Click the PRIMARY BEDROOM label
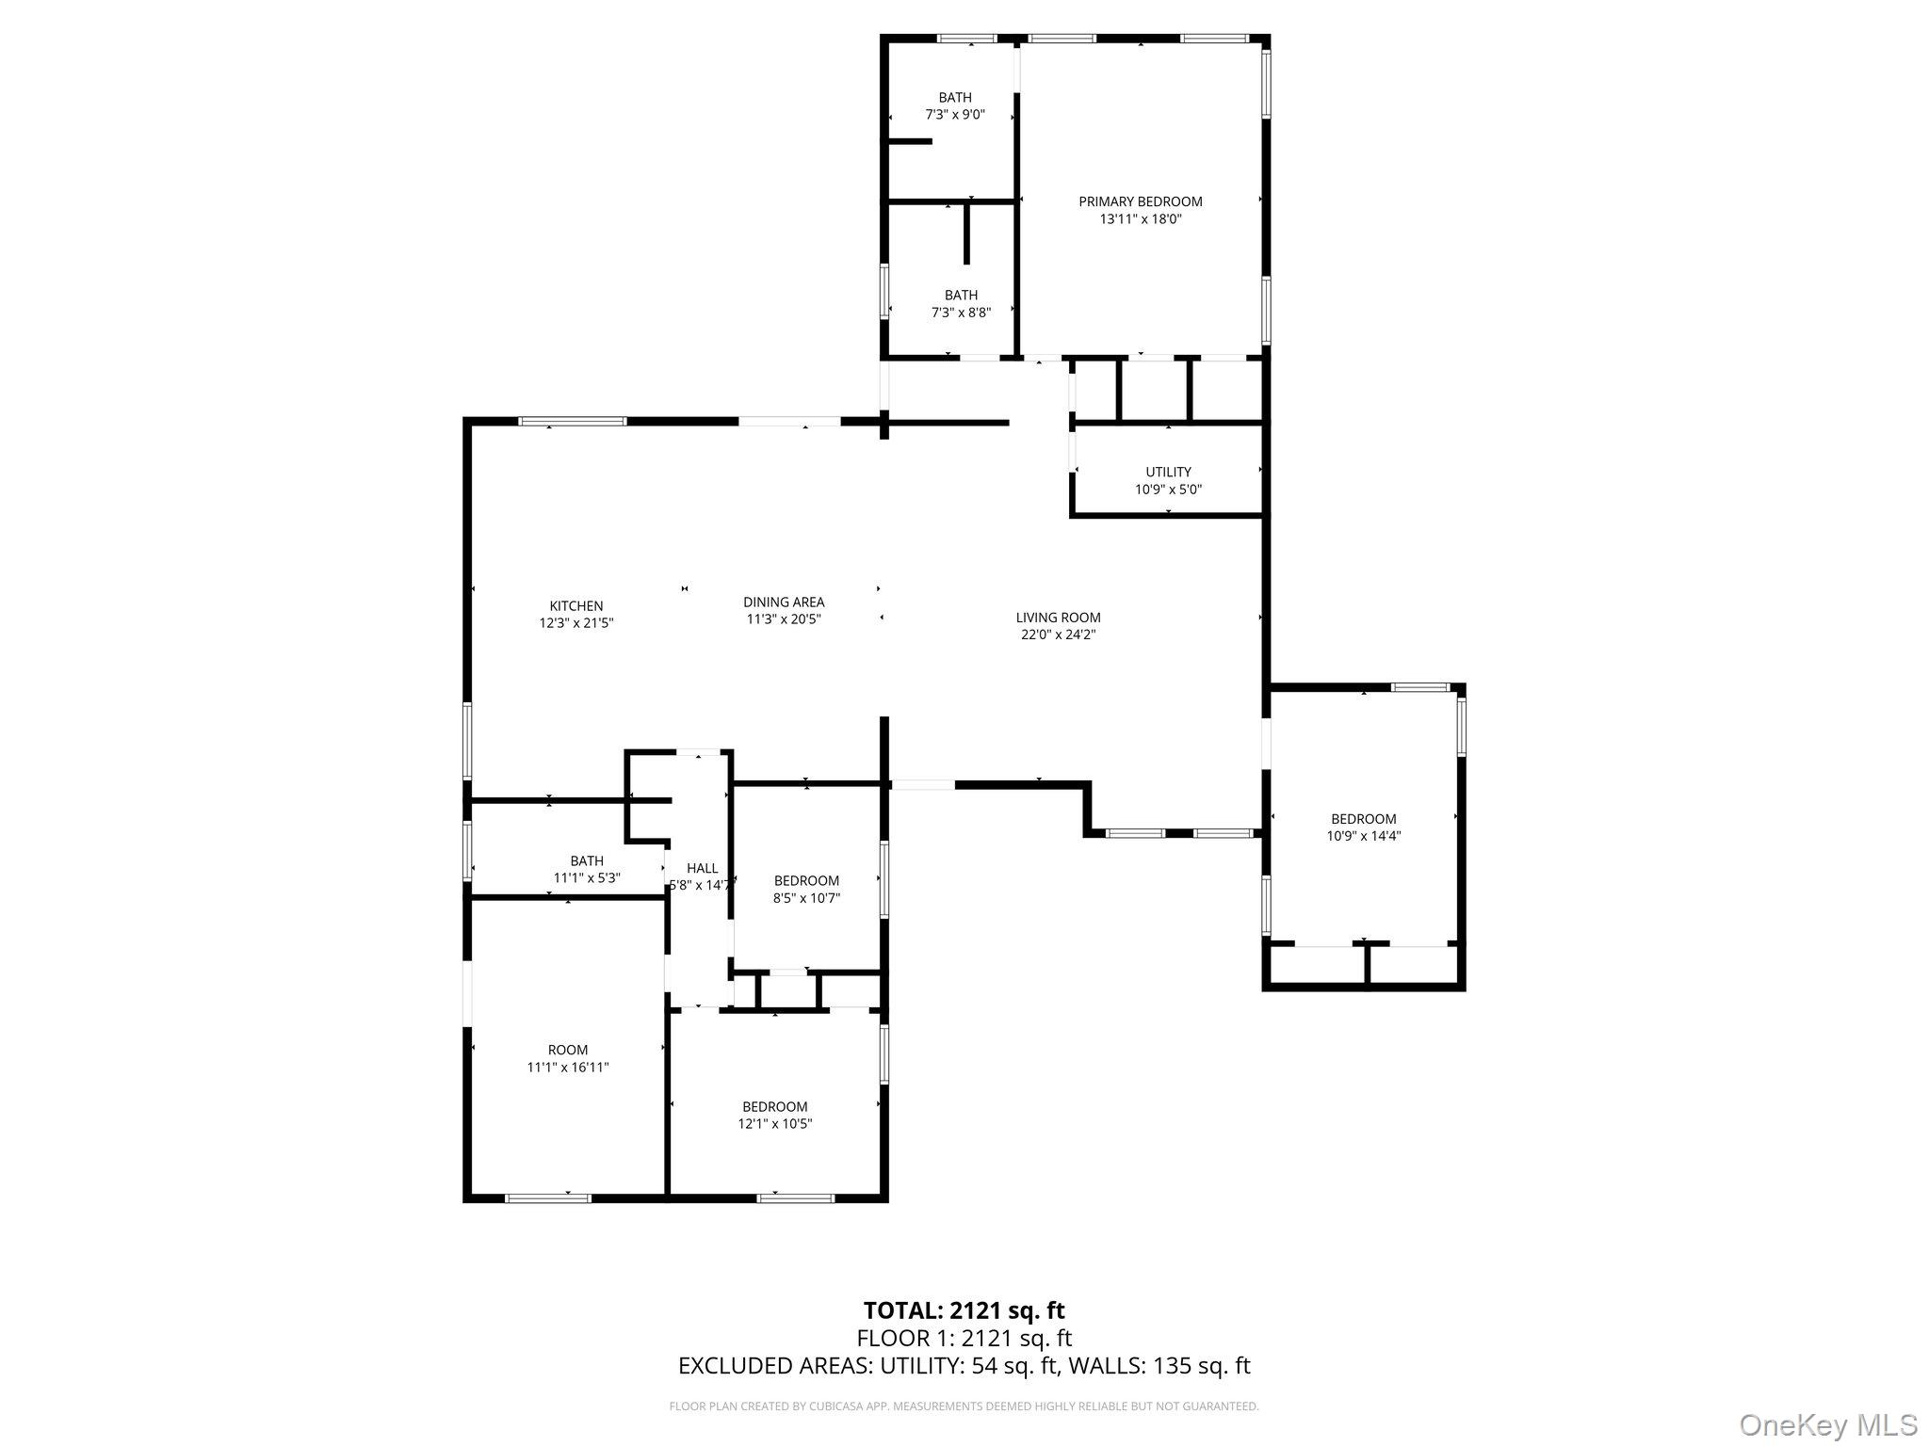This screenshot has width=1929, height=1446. pos(1140,201)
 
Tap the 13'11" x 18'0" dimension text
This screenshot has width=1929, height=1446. pos(1140,219)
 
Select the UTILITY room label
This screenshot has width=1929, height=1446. pos(1168,472)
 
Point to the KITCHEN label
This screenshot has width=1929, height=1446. pos(576,606)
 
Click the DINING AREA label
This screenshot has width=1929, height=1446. pos(784,602)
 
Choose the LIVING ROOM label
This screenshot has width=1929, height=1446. pos(1058,618)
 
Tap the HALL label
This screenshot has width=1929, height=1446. pos(702,868)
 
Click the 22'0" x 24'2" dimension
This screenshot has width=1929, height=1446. pos(1058,635)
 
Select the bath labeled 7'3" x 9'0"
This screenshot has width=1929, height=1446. pos(954,105)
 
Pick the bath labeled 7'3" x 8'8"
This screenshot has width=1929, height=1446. pos(961,303)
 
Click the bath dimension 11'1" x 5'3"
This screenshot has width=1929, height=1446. pos(586,877)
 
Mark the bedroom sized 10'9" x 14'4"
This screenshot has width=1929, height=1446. pos(1363,827)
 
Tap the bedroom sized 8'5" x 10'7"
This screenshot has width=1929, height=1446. pos(806,890)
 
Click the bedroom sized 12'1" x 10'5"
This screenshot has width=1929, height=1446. pos(774,1115)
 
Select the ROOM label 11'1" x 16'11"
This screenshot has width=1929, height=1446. pos(568,1058)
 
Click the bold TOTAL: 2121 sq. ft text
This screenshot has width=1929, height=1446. pos(964,1309)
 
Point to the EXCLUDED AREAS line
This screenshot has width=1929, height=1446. pos(964,1365)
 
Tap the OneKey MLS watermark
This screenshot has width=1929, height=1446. pos(1827,1424)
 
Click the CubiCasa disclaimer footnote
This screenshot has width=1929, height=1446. pos(964,1406)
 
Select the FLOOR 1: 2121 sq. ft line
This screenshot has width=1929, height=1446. pos(964,1338)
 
